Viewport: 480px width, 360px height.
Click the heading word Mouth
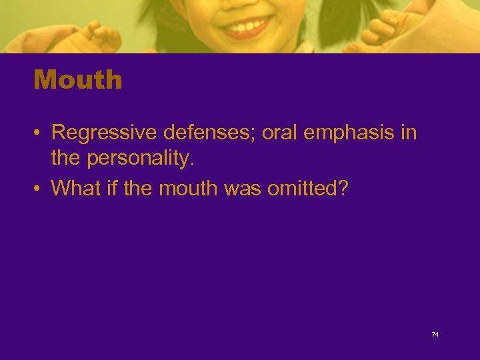(x=78, y=80)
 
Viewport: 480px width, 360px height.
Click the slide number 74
(x=435, y=334)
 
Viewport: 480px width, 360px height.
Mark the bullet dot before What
(x=39, y=189)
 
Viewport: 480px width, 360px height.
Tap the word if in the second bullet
(x=107, y=189)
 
